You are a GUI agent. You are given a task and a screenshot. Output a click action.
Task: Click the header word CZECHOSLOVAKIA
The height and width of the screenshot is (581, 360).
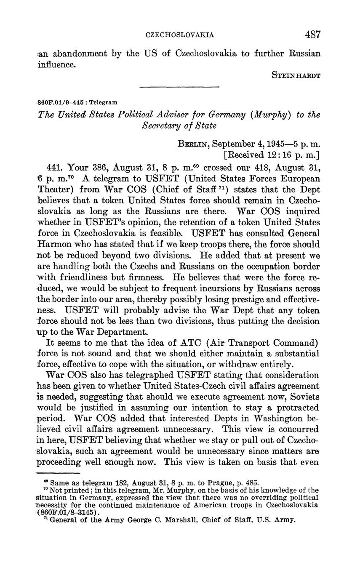point(180,35)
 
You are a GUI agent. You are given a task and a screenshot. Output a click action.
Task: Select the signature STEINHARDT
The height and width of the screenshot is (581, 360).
point(296,76)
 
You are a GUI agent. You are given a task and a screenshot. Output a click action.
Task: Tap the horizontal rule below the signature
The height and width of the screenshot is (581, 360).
point(179,87)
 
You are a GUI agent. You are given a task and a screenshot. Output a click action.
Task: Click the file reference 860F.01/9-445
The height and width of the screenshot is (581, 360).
point(62,102)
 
